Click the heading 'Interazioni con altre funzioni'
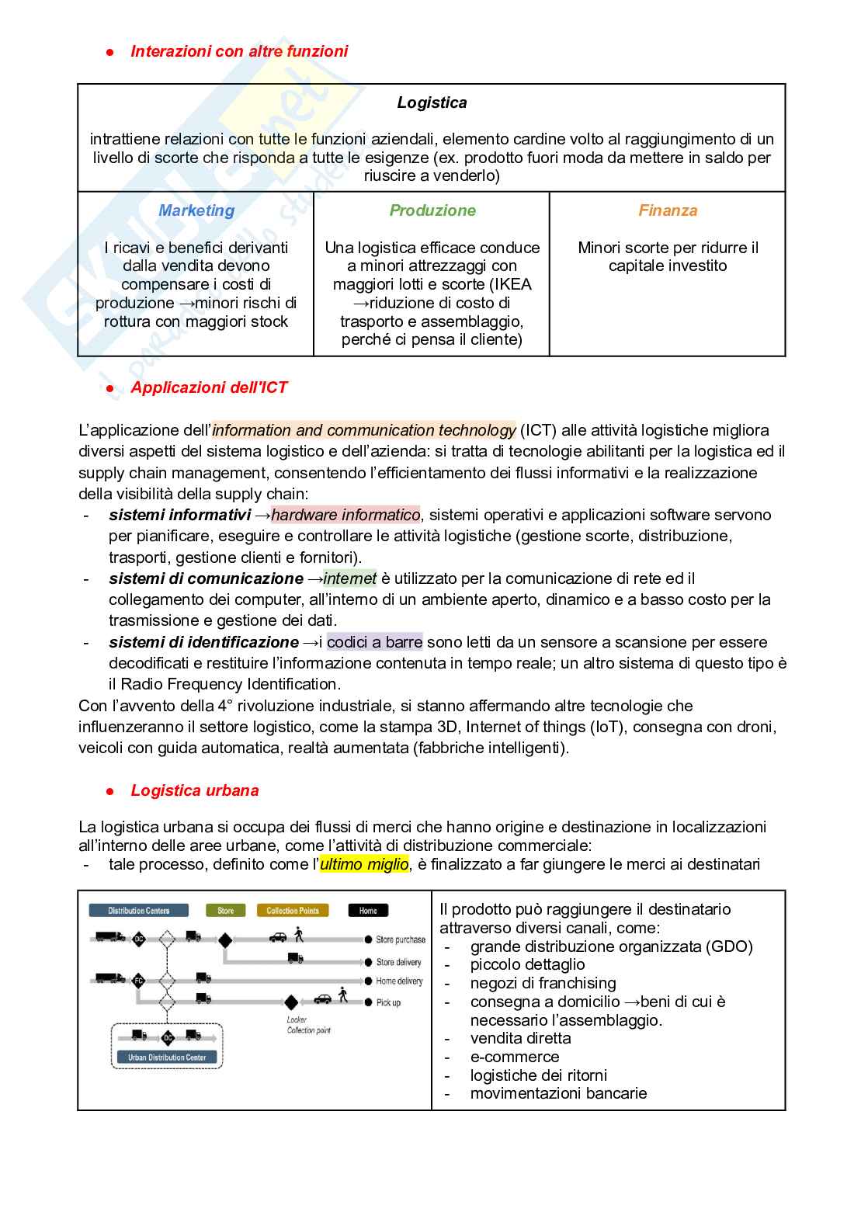point(239,51)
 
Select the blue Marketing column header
point(196,210)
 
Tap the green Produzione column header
point(432,210)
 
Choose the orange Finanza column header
point(668,210)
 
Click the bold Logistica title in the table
point(432,102)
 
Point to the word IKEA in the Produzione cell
point(510,284)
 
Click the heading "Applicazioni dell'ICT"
point(209,387)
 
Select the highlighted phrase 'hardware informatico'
point(345,515)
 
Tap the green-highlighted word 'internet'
point(349,578)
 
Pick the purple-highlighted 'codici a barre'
point(374,642)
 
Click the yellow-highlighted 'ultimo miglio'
point(364,864)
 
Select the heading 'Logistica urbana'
point(194,790)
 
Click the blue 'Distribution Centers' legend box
point(139,911)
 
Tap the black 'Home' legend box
point(368,911)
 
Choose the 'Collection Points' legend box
point(293,911)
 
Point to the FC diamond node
point(139,980)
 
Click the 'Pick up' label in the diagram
point(388,1002)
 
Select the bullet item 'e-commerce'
point(514,1057)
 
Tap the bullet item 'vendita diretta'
point(520,1038)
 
